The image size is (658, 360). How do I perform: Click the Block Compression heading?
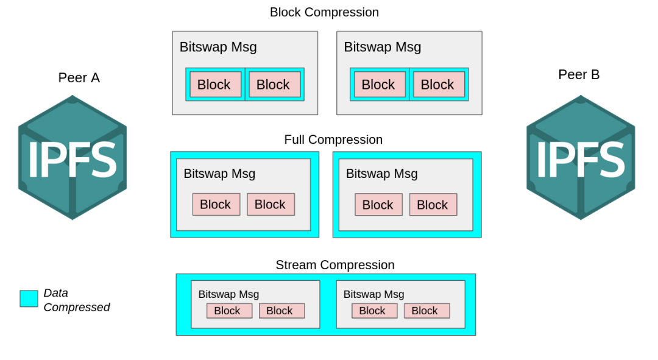coord(324,13)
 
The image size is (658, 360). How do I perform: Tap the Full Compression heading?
coord(333,139)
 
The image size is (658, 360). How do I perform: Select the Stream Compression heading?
coord(335,265)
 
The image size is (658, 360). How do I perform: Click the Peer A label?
coord(79,77)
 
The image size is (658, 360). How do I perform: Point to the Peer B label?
coord(579,74)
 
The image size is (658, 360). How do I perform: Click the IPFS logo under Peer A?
coord(73,157)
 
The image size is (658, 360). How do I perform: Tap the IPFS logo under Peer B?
coord(581,157)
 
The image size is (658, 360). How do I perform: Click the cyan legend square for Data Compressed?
coord(29,298)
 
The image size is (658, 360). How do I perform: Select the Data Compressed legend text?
coord(76,300)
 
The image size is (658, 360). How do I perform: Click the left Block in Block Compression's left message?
coord(215,84)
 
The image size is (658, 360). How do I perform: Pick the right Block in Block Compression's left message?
coord(274,84)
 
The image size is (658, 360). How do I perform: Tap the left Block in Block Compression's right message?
coord(380,84)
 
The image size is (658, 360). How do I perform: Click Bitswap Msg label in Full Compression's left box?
coord(219,173)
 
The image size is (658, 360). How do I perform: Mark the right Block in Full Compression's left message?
coord(271,204)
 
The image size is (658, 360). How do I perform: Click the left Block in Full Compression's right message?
coord(378,204)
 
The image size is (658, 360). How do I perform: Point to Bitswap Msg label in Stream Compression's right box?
coord(374,294)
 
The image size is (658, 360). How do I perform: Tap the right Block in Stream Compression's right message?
coord(426,311)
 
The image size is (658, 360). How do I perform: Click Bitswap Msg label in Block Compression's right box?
coord(382,47)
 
